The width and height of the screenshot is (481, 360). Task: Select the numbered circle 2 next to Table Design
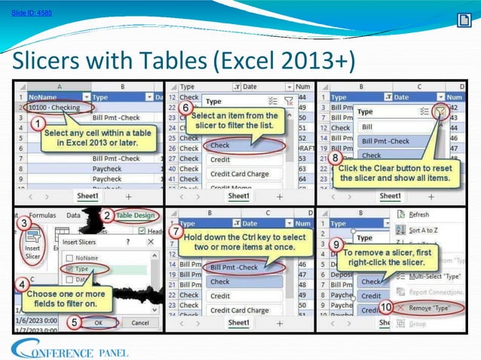(x=108, y=215)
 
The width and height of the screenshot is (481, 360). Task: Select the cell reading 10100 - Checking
(x=54, y=108)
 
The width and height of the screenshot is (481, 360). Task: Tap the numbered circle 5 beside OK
(x=74, y=322)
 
